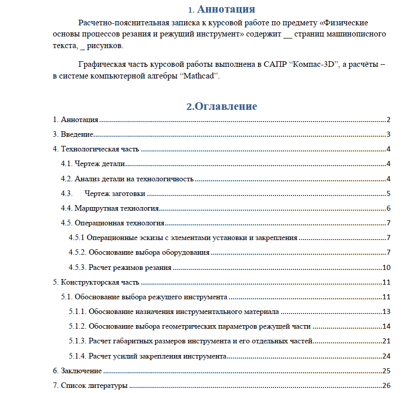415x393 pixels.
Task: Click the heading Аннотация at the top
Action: (x=226, y=10)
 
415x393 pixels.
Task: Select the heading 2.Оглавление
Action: (x=222, y=106)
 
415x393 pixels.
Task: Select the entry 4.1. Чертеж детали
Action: (x=93, y=164)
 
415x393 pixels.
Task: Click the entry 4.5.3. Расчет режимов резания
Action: (x=120, y=268)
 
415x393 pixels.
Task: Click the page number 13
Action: (x=387, y=312)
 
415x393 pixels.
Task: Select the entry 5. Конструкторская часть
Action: (x=96, y=283)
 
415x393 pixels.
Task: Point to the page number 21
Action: (x=387, y=341)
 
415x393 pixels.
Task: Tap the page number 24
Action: (x=387, y=356)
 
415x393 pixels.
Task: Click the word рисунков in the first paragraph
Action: (x=104, y=46)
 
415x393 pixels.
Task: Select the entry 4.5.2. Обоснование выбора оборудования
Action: (x=139, y=253)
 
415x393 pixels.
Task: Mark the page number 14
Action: (x=387, y=327)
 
